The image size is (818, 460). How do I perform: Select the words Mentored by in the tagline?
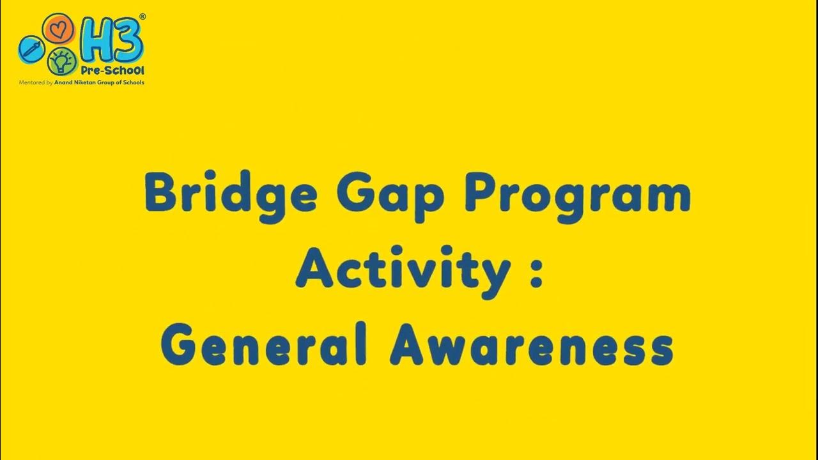coord(35,82)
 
